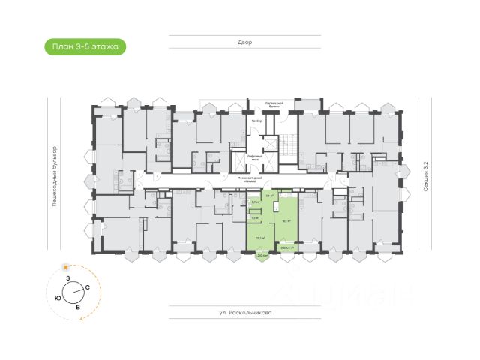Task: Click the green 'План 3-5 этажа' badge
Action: coord(82,47)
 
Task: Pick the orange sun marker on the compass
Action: coord(66,266)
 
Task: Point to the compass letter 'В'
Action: coord(78,307)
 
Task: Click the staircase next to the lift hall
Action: coord(289,145)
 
